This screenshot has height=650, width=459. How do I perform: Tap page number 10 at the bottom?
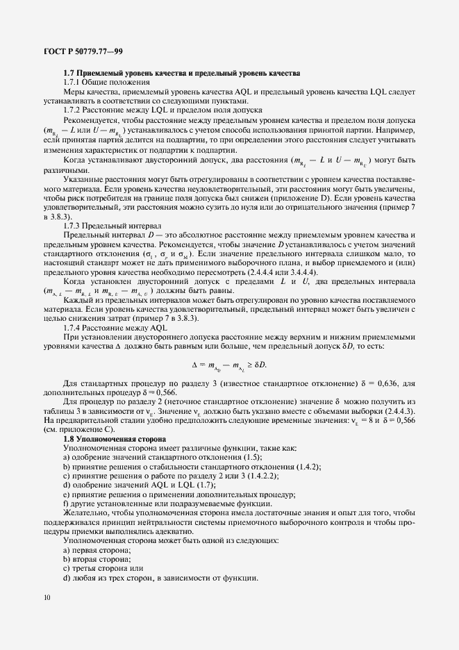(47, 597)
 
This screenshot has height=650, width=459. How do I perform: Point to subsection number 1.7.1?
(74, 82)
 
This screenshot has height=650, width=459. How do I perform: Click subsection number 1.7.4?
(74, 327)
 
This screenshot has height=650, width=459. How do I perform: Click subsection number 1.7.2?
(74, 109)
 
